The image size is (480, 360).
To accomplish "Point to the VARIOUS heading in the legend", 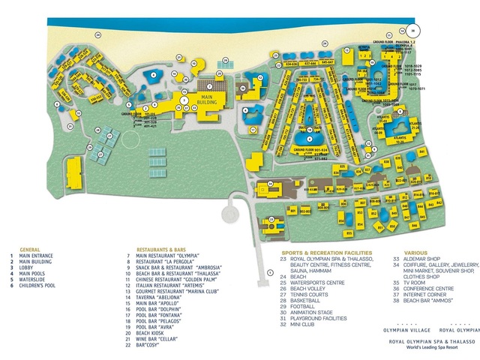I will pyautogui.click(x=416, y=253).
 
